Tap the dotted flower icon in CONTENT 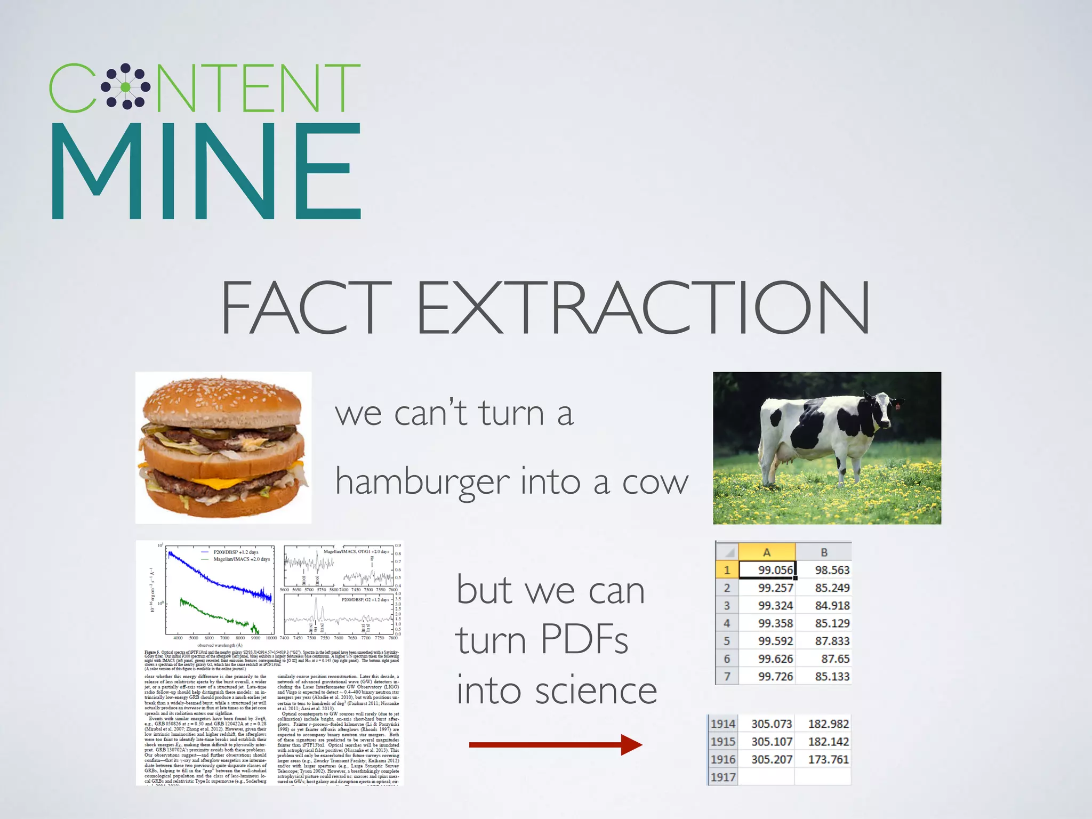point(125,87)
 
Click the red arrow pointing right point(555,745)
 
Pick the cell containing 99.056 point(767,570)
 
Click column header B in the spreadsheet point(824,552)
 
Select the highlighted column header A point(767,552)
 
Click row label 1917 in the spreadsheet point(722,777)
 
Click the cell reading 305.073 point(772,724)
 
